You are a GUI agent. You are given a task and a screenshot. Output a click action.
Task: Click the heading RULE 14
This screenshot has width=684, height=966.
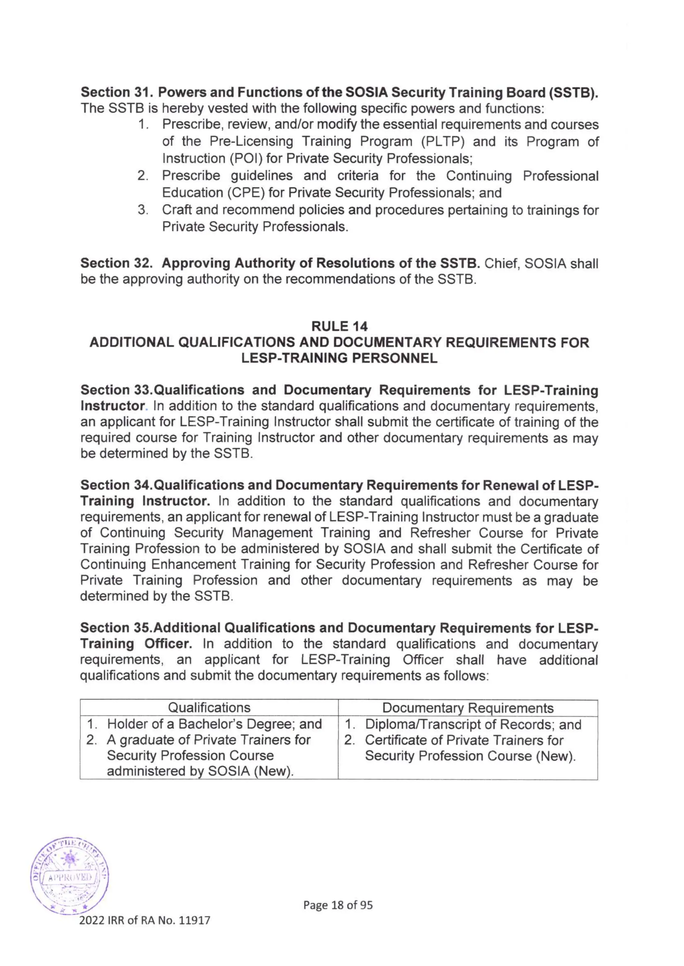coord(339,326)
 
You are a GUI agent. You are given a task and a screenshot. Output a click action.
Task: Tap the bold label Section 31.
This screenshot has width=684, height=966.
coord(116,92)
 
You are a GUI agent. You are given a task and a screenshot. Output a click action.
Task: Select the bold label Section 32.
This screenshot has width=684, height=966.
coord(116,263)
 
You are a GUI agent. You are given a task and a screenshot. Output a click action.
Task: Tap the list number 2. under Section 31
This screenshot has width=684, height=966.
coord(143,176)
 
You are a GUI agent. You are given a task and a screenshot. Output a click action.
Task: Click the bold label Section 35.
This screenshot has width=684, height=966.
coord(116,628)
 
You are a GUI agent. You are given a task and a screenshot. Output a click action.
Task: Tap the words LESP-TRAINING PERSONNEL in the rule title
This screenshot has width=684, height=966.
coord(339,358)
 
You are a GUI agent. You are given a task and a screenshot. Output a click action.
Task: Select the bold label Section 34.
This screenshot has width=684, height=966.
coord(116,485)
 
